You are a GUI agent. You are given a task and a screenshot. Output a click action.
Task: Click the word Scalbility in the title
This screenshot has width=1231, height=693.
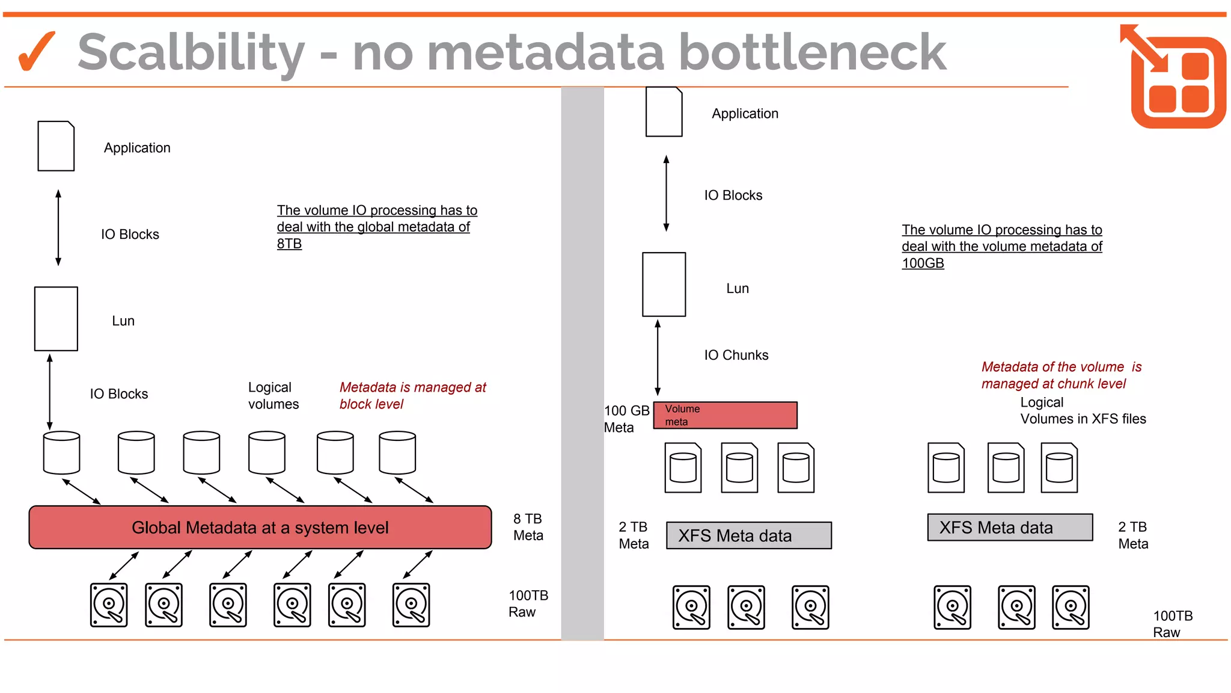(x=191, y=53)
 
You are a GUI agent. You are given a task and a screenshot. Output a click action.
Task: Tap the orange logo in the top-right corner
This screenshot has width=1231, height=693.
(x=1174, y=77)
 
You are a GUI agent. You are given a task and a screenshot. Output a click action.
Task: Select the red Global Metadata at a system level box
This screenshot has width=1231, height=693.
(x=260, y=528)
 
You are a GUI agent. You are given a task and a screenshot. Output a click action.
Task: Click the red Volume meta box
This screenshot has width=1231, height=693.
(x=725, y=415)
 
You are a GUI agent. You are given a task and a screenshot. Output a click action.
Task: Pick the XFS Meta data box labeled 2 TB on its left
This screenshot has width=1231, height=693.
(x=749, y=535)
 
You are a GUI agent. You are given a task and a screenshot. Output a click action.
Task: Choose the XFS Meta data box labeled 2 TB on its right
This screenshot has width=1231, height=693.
(x=1010, y=528)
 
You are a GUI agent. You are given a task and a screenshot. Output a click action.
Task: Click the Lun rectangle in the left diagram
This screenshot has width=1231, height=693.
(x=56, y=319)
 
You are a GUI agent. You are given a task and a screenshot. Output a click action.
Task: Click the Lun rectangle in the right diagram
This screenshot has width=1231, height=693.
(x=664, y=285)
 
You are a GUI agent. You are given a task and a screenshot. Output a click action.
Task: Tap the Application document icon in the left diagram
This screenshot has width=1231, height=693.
(x=56, y=146)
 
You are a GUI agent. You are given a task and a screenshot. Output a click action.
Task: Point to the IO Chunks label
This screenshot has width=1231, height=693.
(x=736, y=355)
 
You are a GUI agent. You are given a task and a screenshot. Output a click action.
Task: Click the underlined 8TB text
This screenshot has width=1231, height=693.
(x=289, y=244)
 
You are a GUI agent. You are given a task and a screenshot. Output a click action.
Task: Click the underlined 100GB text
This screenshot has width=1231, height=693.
(x=923, y=263)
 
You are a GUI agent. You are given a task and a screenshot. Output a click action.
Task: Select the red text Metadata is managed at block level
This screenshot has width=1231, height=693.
(x=412, y=395)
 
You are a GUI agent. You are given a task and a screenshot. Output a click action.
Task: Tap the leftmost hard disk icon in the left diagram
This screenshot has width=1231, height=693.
(x=109, y=605)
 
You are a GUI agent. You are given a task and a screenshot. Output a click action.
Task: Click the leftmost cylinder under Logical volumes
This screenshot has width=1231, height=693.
(x=61, y=452)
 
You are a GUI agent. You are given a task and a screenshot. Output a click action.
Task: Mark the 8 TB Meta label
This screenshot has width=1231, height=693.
(x=528, y=527)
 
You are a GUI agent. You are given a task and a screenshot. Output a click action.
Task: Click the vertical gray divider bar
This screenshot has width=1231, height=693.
(x=582, y=361)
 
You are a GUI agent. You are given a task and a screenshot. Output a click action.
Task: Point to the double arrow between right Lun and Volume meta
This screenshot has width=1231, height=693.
(x=658, y=357)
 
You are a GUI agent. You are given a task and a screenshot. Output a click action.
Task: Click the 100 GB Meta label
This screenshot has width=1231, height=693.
(x=626, y=419)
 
